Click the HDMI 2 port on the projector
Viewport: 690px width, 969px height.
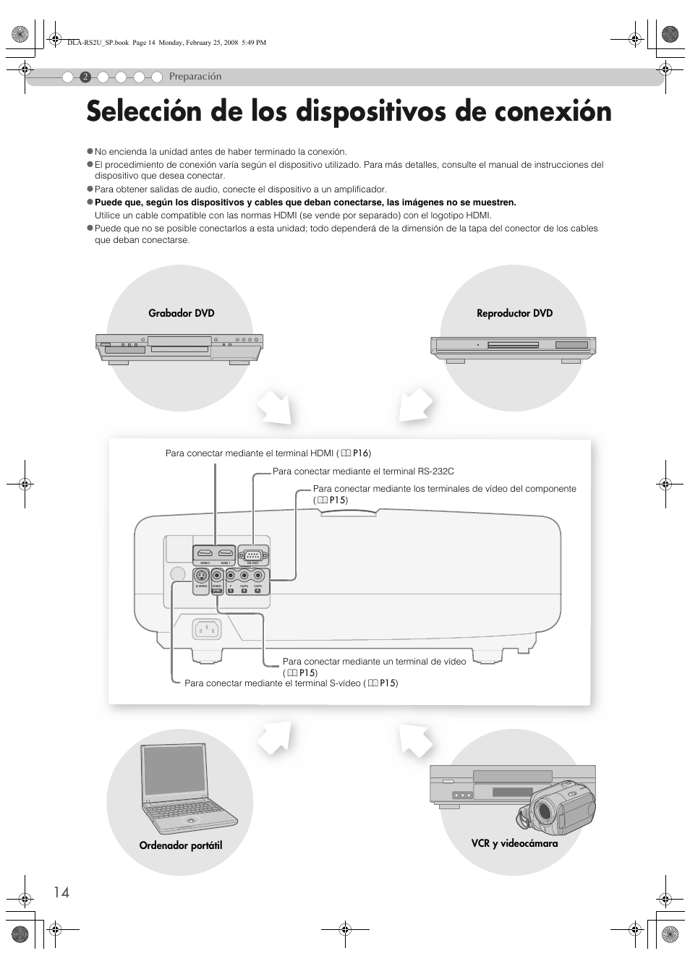(205, 555)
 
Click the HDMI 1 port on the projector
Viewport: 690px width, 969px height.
(226, 555)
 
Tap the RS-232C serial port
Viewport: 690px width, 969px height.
(253, 555)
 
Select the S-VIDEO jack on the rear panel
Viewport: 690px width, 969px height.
(202, 576)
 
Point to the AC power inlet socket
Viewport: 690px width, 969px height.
(207, 630)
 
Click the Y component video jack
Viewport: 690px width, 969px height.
(231, 577)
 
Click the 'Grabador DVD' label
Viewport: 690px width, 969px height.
(182, 313)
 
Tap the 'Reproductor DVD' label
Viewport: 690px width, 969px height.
(514, 313)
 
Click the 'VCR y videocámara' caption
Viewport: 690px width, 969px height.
(514, 843)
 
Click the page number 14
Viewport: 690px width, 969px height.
(61, 892)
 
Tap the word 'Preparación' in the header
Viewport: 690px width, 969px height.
(195, 77)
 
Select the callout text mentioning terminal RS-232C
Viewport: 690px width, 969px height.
(363, 471)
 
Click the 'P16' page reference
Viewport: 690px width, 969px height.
(361, 453)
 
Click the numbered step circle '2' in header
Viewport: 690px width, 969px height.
(85, 77)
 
